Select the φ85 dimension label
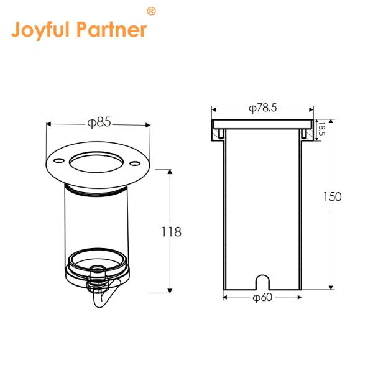[98, 122]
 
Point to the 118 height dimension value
[171, 232]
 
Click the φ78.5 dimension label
[262, 108]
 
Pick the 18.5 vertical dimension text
[321, 130]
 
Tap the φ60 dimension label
[262, 298]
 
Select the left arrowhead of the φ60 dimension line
[225, 298]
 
